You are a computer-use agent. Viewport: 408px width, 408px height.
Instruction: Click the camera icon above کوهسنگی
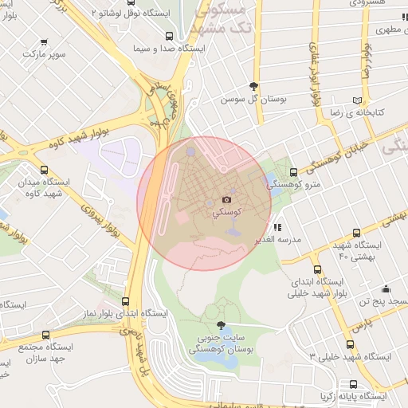pyautogui.click(x=226, y=199)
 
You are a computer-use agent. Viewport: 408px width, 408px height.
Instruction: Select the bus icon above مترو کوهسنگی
pyautogui.click(x=293, y=172)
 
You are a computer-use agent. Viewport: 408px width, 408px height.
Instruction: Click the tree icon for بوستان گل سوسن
pyautogui.click(x=253, y=86)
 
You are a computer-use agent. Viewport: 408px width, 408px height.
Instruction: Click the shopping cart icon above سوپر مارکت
pyautogui.click(x=43, y=41)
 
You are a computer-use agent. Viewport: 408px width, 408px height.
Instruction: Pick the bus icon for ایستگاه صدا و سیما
pyautogui.click(x=169, y=36)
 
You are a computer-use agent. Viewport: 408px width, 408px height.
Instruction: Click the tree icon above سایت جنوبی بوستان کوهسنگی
pyautogui.click(x=220, y=325)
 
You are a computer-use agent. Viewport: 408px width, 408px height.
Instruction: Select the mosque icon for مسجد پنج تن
pyautogui.click(x=386, y=288)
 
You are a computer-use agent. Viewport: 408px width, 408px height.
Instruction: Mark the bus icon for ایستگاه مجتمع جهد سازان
pyautogui.click(x=45, y=335)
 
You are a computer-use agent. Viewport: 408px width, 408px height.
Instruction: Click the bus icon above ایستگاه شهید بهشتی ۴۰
pyautogui.click(x=367, y=231)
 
